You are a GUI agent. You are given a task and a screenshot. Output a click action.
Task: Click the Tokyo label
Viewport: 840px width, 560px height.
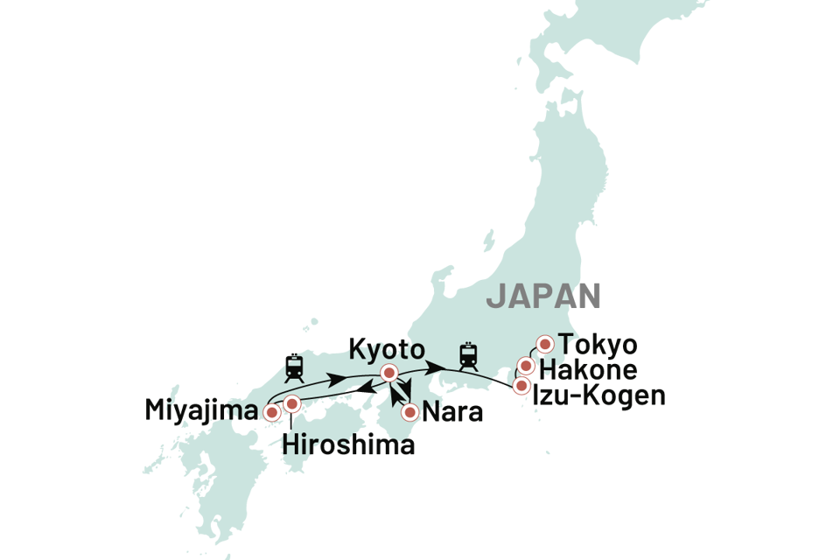click(598, 344)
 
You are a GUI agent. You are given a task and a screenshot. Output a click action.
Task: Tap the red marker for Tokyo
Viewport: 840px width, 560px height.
click(545, 345)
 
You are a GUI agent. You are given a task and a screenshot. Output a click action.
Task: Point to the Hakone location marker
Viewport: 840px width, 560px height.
click(526, 366)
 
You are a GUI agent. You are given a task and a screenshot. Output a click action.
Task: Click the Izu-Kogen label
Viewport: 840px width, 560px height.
click(604, 395)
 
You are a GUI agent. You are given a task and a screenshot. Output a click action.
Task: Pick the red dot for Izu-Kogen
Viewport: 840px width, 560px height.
click(521, 385)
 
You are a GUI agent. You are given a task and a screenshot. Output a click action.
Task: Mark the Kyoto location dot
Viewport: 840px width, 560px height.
click(389, 374)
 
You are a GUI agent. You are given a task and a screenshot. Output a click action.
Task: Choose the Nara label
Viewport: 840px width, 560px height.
click(453, 411)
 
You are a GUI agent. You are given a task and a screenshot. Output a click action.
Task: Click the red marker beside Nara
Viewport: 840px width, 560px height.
click(409, 411)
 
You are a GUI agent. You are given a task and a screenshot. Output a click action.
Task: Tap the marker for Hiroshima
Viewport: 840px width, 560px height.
click(292, 403)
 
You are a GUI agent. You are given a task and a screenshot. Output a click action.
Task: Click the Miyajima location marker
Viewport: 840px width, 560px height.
click(271, 411)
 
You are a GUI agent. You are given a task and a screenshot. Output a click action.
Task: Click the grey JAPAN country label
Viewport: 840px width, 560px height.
click(544, 296)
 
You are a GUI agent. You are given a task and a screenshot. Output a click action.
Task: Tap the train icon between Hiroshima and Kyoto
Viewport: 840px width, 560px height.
click(294, 367)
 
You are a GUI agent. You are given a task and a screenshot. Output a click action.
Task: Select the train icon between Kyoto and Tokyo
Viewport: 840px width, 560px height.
click(469, 355)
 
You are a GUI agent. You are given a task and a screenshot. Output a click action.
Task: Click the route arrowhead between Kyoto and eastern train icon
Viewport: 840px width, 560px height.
click(435, 365)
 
